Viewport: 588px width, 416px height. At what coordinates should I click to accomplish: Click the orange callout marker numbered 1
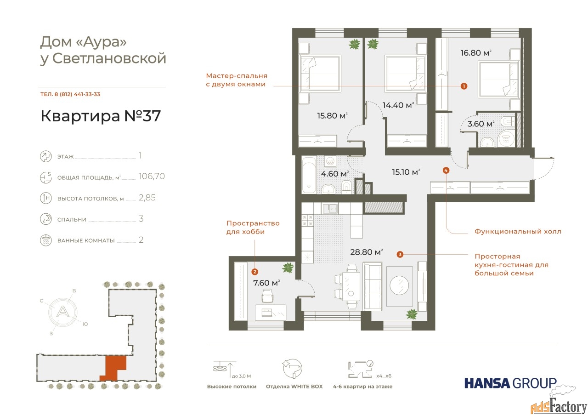point(464,86)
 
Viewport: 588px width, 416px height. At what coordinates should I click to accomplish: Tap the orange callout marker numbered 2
point(254,272)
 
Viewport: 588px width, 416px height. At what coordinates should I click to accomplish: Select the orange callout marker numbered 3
point(400,254)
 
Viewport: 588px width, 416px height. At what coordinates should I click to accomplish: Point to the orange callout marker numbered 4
point(446,171)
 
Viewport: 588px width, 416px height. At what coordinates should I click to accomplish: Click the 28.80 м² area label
point(367,252)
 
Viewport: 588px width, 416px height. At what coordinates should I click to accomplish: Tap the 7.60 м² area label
point(266,283)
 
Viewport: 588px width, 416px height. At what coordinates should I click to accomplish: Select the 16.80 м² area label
point(475,53)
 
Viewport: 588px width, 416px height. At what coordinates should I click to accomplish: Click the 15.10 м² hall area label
point(406,172)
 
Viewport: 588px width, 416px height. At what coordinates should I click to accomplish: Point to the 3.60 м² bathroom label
point(481,124)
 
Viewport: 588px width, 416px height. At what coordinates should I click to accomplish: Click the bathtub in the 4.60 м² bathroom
point(309,175)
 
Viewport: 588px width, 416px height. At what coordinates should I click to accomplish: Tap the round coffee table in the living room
point(399,285)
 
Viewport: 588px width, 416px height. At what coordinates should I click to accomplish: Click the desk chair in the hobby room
point(268,296)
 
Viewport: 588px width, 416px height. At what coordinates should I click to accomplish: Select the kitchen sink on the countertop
point(330,209)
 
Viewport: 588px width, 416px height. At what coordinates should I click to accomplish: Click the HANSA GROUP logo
point(510,383)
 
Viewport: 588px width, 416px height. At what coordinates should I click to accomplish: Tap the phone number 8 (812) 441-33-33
point(77,94)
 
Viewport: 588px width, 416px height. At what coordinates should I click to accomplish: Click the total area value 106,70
point(152,176)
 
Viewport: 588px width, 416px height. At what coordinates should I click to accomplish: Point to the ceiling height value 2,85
point(147,198)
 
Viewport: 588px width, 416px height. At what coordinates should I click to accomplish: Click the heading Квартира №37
point(101,116)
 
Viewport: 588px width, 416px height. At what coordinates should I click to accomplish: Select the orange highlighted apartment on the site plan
point(113,368)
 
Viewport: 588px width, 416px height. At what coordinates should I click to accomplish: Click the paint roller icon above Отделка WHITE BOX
point(293,369)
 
